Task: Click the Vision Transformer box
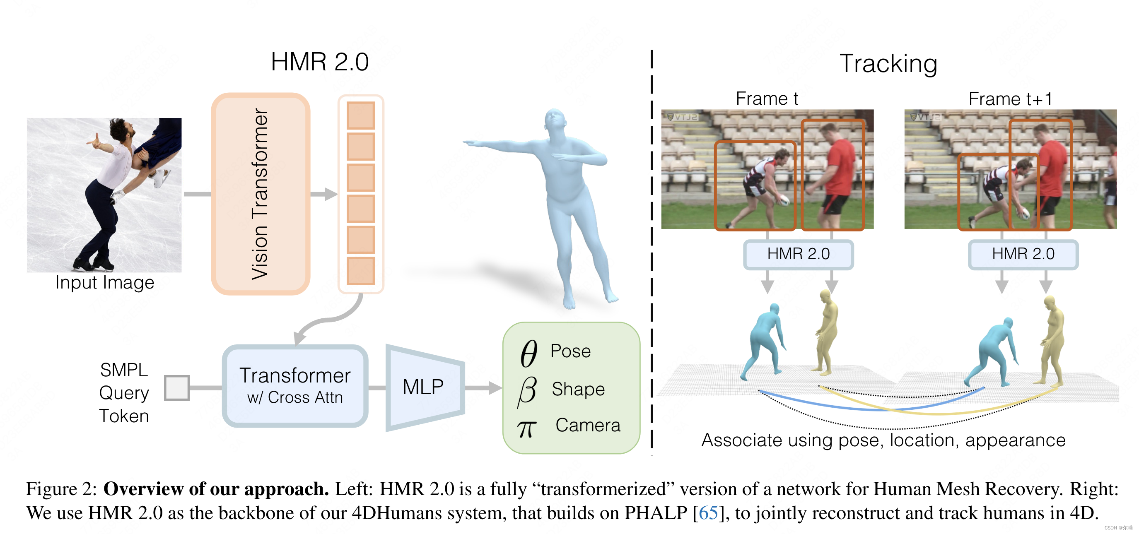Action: click(x=260, y=194)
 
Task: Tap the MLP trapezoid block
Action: click(x=424, y=387)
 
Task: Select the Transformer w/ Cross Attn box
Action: click(x=295, y=386)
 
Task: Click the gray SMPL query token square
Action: click(x=176, y=388)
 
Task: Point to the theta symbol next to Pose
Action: click(x=528, y=353)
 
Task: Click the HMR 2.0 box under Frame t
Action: click(x=798, y=254)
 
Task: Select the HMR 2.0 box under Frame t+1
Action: click(x=1023, y=254)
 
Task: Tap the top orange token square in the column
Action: click(x=360, y=115)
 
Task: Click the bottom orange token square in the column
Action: click(x=360, y=271)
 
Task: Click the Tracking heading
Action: click(x=888, y=64)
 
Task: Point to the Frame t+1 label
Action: click(x=1010, y=99)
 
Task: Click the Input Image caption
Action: click(x=105, y=283)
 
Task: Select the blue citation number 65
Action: click(x=708, y=513)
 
